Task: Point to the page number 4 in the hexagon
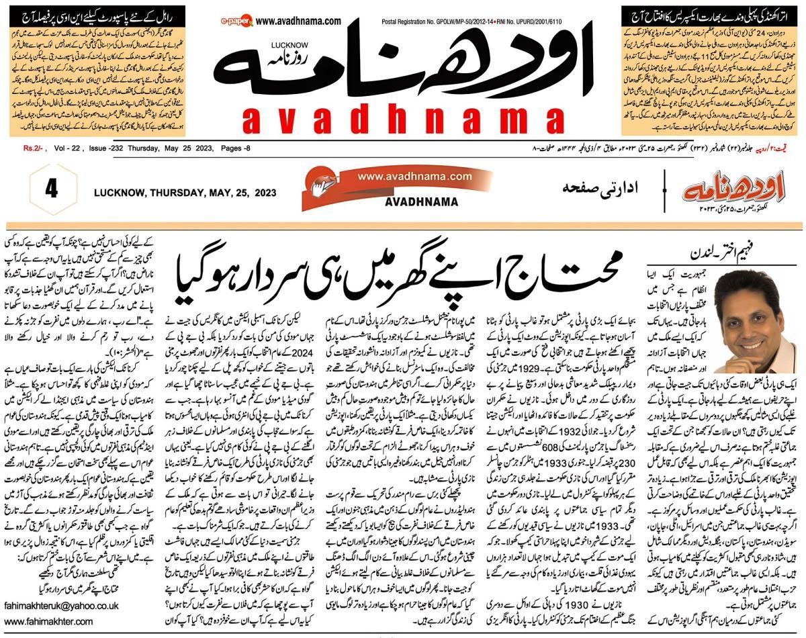pos(51,189)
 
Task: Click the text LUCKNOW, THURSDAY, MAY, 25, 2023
pos(185,193)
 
